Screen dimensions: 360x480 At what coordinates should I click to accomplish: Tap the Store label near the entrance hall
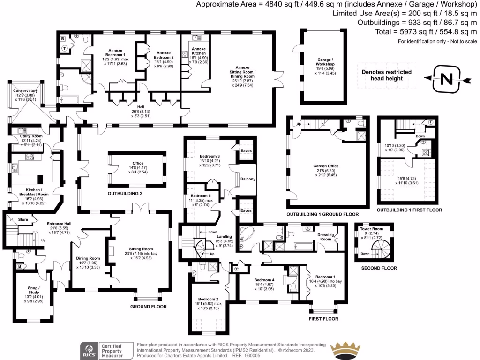22,219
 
